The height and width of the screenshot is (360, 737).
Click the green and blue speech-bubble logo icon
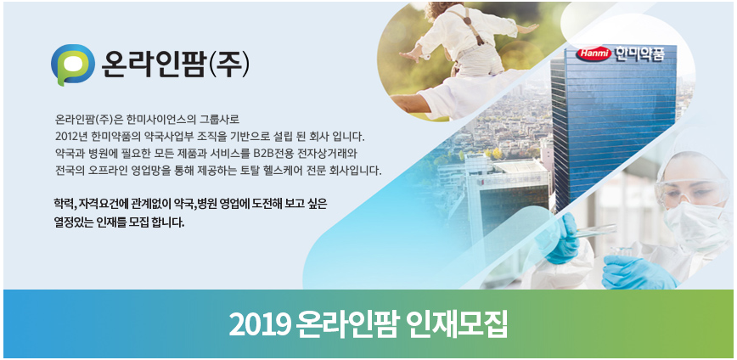tap(73, 65)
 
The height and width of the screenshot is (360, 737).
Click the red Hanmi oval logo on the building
tap(594, 54)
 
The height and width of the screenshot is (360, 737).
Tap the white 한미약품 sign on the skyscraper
tap(639, 54)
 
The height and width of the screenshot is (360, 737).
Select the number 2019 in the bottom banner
tap(260, 324)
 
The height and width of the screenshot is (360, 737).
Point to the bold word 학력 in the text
tap(64, 205)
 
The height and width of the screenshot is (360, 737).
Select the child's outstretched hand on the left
tap(410, 53)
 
